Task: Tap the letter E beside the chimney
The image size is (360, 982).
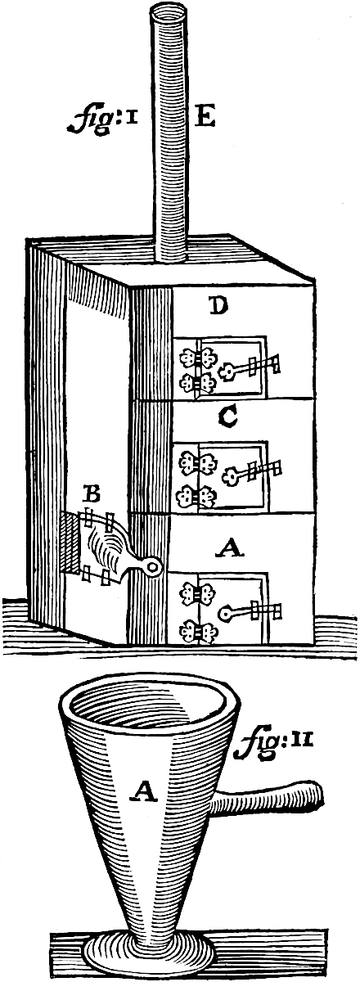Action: pos(205,119)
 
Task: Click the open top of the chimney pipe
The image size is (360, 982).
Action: pos(170,13)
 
